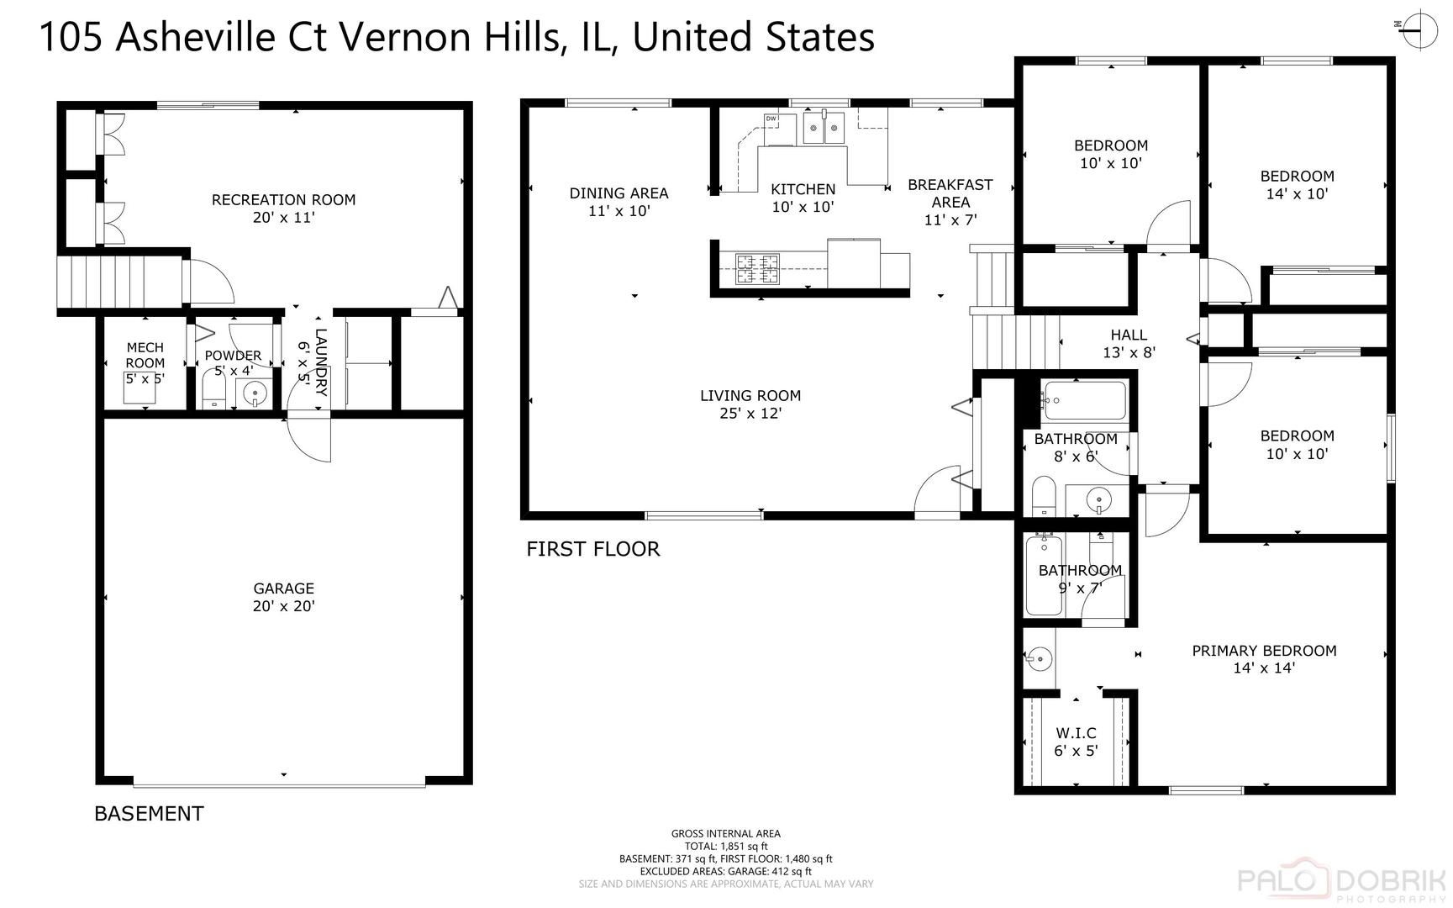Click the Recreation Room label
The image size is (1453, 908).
point(283,209)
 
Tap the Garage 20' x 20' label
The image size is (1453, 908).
point(284,597)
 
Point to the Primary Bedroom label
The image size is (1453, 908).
point(1264,659)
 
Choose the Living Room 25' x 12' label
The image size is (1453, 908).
point(750,404)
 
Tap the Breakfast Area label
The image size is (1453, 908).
point(950,202)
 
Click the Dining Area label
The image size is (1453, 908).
point(619,202)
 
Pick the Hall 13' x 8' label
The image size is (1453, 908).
point(1129,344)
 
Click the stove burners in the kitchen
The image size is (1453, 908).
point(757,270)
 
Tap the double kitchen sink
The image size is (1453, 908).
point(823,128)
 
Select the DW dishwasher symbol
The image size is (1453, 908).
point(771,119)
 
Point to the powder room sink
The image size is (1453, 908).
point(255,393)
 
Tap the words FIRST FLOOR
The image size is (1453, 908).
point(593,549)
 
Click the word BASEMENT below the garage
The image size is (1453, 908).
point(149,814)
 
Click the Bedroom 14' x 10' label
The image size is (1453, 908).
point(1297,185)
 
